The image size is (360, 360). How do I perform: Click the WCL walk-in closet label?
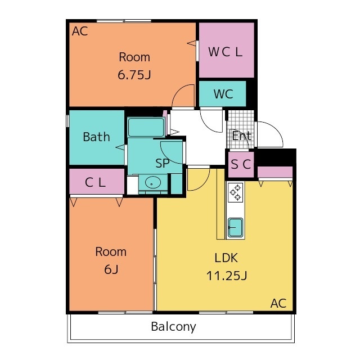pos(225,52)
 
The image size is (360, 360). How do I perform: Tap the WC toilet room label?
pos(223,94)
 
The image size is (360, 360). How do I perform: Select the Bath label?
pos(96,137)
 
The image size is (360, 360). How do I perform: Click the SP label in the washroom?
pos(163,163)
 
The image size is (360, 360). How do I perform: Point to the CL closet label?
pos(95,182)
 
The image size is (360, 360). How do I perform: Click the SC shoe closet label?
pos(241,164)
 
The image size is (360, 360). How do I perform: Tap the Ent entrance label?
pos(241,136)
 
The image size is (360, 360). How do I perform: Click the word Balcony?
pos(174,327)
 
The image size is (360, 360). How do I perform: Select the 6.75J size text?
pos(134,75)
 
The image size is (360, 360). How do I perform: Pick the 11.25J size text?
pos(227,276)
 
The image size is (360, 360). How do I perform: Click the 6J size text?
pos(111,269)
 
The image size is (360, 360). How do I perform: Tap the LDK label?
pos(226,258)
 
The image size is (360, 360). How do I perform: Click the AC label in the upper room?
pos(80,31)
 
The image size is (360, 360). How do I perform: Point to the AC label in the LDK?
pos(278,303)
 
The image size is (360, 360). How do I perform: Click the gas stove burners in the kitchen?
pos(236,192)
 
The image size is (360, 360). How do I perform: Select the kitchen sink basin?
pos(235,227)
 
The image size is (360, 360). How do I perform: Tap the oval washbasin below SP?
pos(153,183)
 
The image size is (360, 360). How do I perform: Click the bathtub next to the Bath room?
pos(146,128)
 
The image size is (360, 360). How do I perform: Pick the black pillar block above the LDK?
pos(275,157)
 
